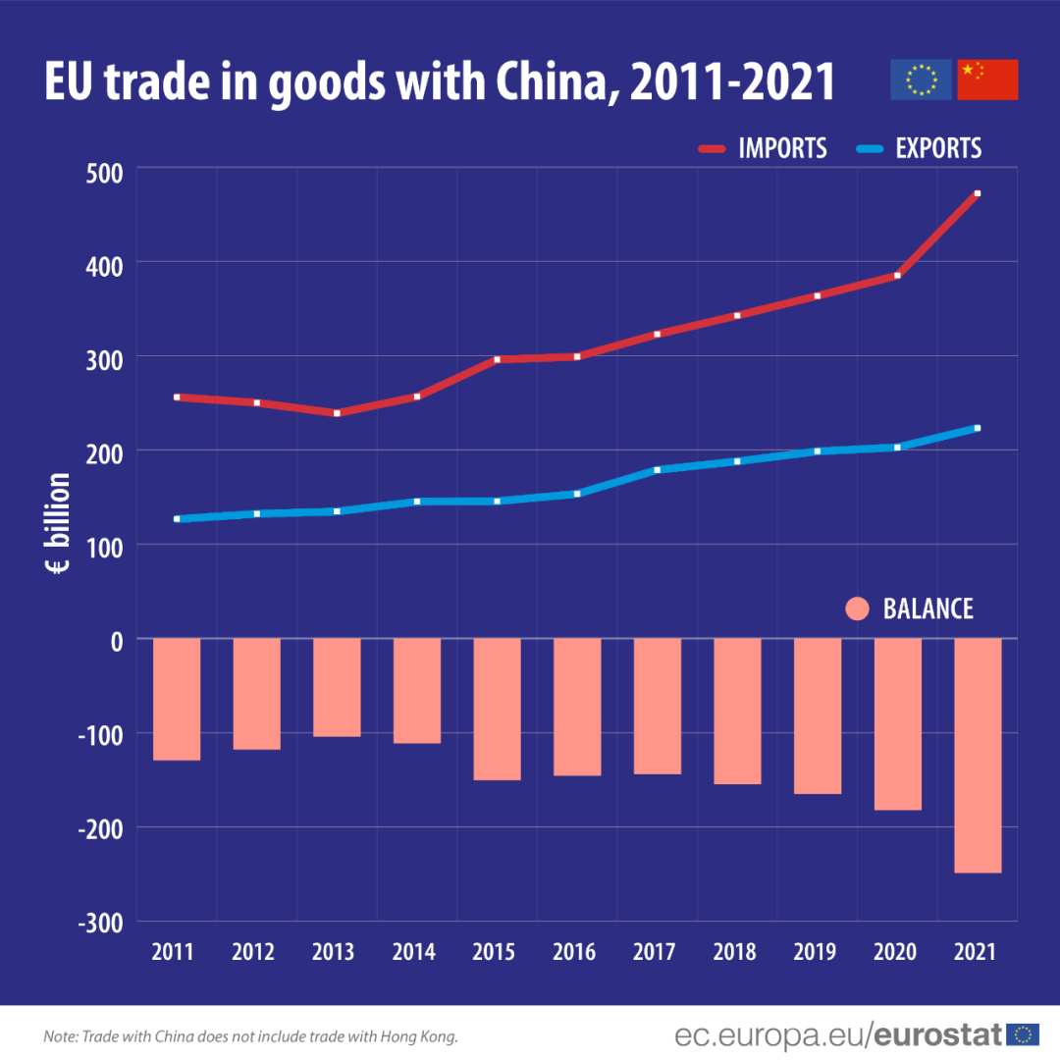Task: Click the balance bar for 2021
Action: [x=978, y=755]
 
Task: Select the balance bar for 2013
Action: [x=337, y=687]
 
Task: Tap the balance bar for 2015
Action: [x=498, y=709]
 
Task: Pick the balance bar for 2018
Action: [x=737, y=711]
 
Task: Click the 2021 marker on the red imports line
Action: [x=978, y=194]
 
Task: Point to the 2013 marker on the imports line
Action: [x=337, y=413]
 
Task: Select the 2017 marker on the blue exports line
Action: [x=658, y=470]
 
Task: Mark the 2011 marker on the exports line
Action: [x=177, y=518]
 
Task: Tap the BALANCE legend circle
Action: [x=857, y=609]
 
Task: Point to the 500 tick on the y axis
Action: [x=101, y=173]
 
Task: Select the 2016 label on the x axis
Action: [x=574, y=952]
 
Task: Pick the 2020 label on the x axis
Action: [x=895, y=952]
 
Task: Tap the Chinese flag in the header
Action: [x=987, y=79]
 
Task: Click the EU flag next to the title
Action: [x=921, y=79]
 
